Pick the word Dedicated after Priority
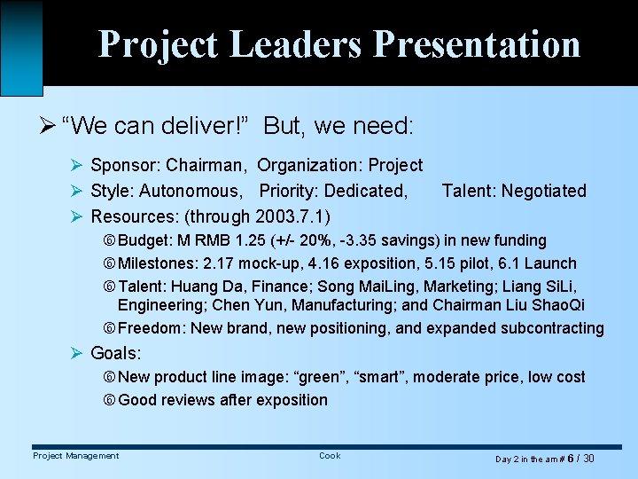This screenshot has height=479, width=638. [365, 191]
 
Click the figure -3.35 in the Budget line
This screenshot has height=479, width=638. [363, 240]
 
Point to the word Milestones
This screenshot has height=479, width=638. [157, 263]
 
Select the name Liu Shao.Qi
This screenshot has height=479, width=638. [551, 305]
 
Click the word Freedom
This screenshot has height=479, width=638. [151, 328]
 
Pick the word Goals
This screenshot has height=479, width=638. [115, 353]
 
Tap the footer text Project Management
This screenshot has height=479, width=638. [75, 456]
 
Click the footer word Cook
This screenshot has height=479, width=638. [330, 456]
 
